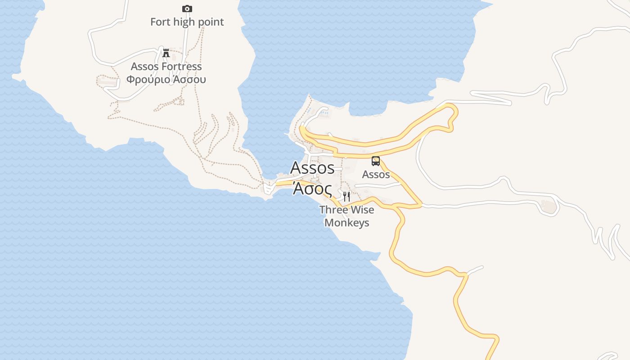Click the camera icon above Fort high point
click(187, 9)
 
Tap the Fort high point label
click(187, 22)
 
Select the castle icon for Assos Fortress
click(166, 53)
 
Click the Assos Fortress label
click(166, 67)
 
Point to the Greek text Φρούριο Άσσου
click(166, 80)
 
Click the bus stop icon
click(375, 161)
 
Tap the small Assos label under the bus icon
click(376, 174)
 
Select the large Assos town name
click(312, 168)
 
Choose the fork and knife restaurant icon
click(346, 196)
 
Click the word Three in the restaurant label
click(333, 210)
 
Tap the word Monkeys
click(346, 223)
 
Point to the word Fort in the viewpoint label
click(160, 22)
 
